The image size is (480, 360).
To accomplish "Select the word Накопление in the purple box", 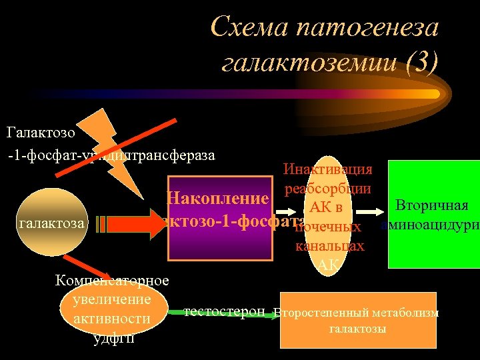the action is coord(217,198).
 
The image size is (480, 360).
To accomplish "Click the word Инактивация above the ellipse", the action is coord(327,170).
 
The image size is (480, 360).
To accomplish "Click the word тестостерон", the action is coord(224,311).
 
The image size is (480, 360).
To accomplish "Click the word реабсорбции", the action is coord(327,189).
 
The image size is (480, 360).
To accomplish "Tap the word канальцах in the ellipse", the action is coord(329,246).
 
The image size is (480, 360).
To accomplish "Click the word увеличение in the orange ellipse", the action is coord(111,299).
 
